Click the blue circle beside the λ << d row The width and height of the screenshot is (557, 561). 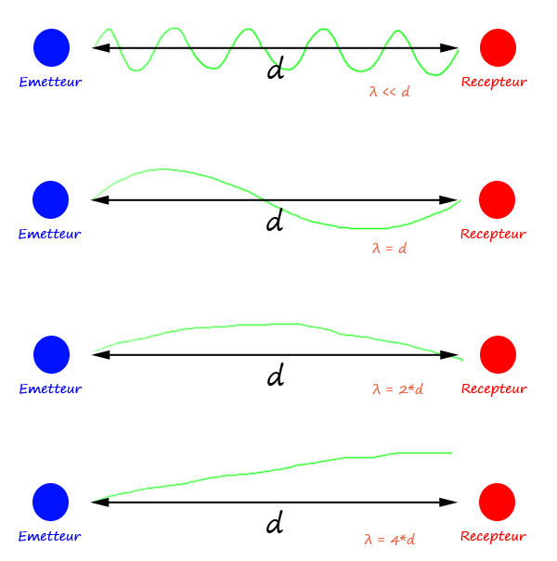tap(51, 47)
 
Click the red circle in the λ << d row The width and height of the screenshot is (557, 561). tap(498, 47)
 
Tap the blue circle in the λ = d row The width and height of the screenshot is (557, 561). tap(51, 199)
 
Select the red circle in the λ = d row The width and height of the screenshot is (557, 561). tap(497, 199)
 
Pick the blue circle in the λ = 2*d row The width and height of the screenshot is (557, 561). tap(51, 354)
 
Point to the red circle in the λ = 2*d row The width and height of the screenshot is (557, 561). tap(498, 354)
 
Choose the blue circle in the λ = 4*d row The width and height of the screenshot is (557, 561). tap(51, 502)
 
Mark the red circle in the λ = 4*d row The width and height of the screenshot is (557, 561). tap(497, 502)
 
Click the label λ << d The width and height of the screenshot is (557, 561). tap(389, 92)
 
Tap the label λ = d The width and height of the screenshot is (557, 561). tap(389, 249)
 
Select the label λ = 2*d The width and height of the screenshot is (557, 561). tap(397, 389)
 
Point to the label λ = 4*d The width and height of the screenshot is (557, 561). tap(389, 539)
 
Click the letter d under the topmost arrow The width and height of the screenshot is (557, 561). tap(275, 70)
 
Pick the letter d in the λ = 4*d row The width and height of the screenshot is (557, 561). tap(274, 525)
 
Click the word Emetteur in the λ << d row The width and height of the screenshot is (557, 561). tap(50, 82)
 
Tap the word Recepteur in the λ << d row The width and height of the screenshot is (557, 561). tap(494, 82)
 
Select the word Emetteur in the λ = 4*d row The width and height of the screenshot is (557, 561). tap(50, 536)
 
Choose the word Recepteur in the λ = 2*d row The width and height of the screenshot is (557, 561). tap(494, 389)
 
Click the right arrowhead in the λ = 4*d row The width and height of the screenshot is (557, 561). tap(450, 502)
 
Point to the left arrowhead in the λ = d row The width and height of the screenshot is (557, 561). tap(99, 199)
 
